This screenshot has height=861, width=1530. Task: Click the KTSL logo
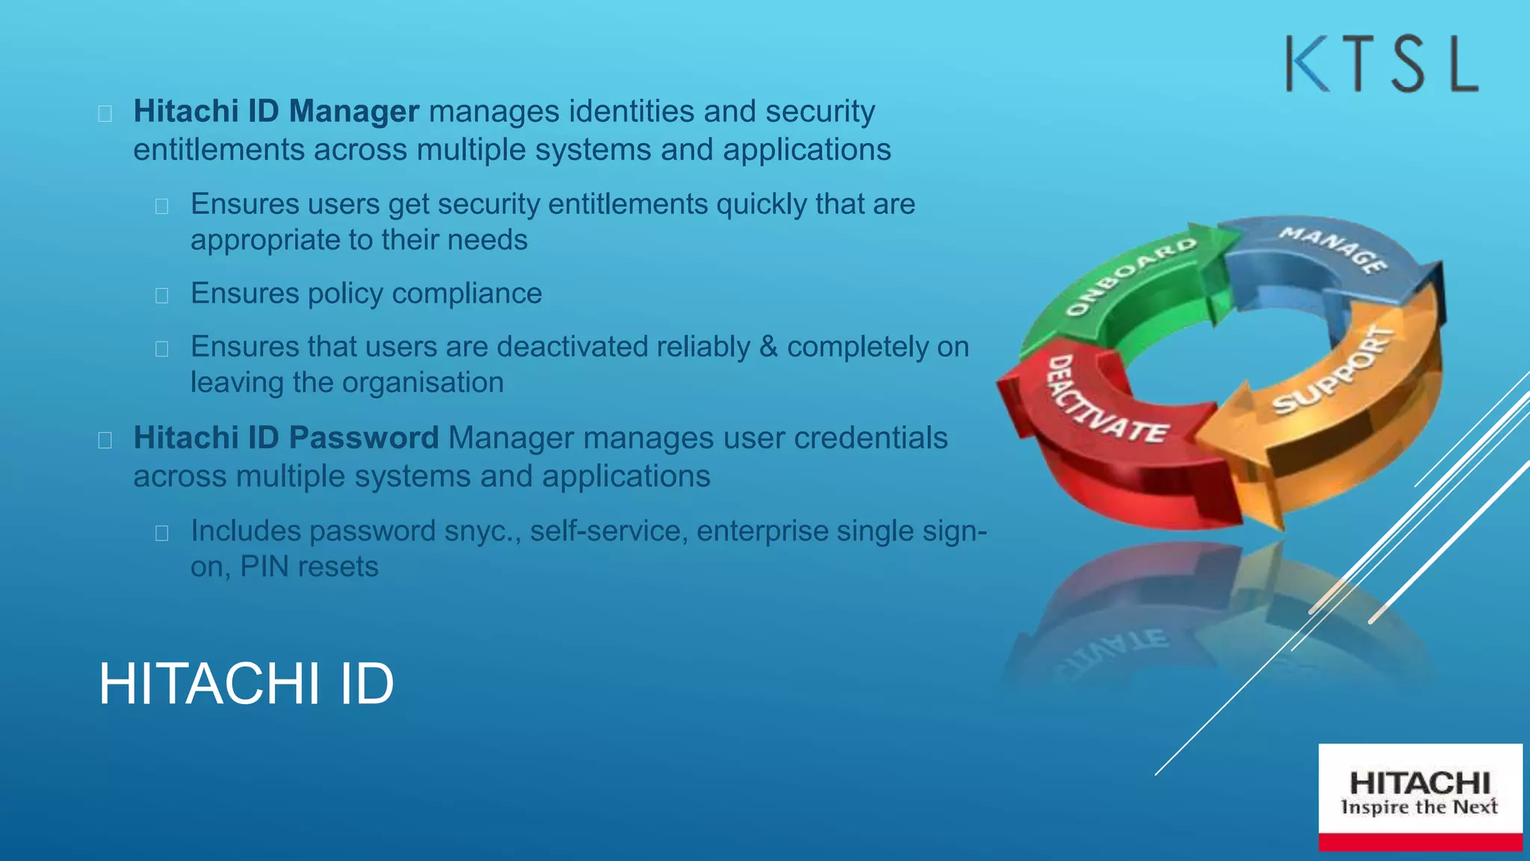click(x=1381, y=64)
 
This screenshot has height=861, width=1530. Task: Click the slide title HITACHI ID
click(x=246, y=683)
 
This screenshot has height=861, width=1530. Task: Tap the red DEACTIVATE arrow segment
click(x=1106, y=419)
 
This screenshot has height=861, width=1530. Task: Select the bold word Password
click(x=364, y=438)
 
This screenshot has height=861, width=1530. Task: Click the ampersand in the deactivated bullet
click(x=768, y=347)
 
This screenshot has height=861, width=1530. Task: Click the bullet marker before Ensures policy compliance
click(x=161, y=295)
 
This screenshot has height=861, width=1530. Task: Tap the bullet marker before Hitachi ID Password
click(x=105, y=439)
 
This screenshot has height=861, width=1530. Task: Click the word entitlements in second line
click(x=219, y=150)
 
